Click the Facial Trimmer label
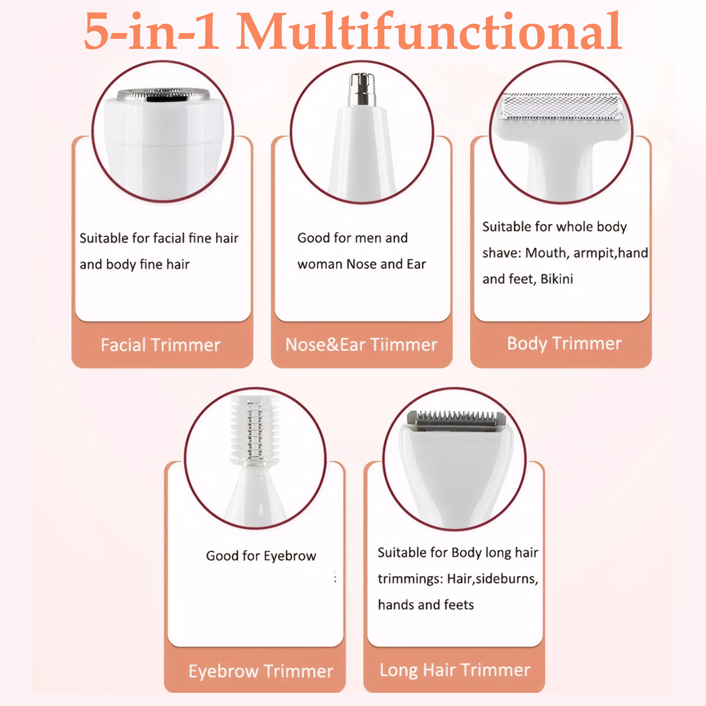pos(161,345)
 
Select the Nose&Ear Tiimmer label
pos(361,345)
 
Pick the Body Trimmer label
pos(564,344)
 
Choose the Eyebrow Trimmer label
pos(261,672)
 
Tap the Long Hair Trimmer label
pos(455,670)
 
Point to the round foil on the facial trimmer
pos(163,94)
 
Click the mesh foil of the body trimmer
pos(561,106)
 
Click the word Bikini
pos(557,279)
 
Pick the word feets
pos(459,605)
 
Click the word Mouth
pos(547,253)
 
